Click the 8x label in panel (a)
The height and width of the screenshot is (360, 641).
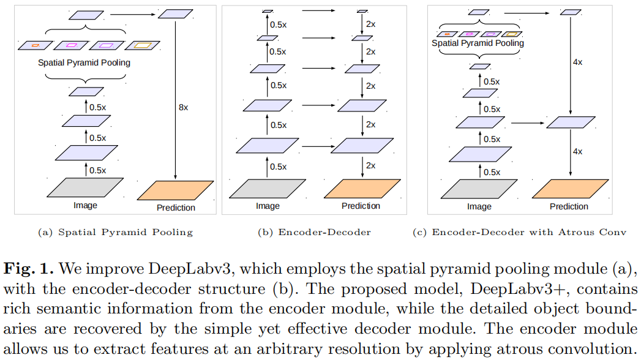coord(183,107)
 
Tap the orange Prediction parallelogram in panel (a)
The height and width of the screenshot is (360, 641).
coord(175,190)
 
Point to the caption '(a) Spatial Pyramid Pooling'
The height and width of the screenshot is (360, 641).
coord(115,232)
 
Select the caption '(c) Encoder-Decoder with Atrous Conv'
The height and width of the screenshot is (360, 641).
coord(529,232)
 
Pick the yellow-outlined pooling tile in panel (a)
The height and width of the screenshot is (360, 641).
coord(143,45)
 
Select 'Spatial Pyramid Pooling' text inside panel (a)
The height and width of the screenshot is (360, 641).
coord(84,62)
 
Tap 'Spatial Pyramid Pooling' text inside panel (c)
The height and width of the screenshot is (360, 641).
coord(478,43)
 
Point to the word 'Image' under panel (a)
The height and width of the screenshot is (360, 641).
coord(85,205)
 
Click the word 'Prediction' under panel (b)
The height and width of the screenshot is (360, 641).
coord(361,206)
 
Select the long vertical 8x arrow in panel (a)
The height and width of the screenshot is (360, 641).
coord(176,98)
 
